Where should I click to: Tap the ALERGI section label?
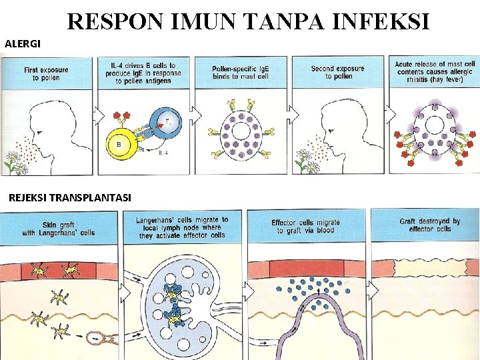point(23,44)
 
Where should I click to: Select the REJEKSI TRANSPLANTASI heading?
point(69,197)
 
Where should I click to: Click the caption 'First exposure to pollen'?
point(41,73)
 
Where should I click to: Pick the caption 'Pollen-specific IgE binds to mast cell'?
point(241,73)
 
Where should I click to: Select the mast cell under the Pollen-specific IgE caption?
point(241,133)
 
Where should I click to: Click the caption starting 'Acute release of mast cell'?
point(434,73)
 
